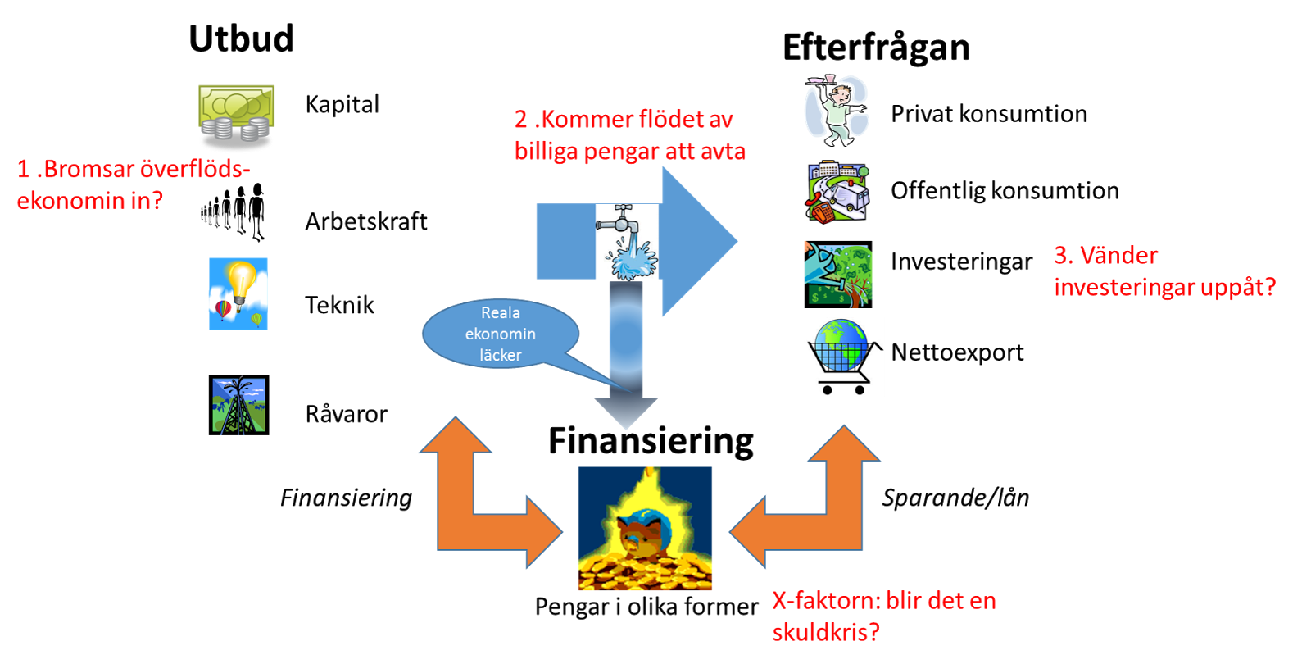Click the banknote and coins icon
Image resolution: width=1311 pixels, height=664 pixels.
pyautogui.click(x=236, y=118)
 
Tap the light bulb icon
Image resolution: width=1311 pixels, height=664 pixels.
pyautogui.click(x=238, y=293)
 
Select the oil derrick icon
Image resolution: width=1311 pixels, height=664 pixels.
pyautogui.click(x=238, y=405)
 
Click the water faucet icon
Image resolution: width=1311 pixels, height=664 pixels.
pyautogui.click(x=627, y=243)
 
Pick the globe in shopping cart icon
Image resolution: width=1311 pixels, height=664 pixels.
pyautogui.click(x=844, y=357)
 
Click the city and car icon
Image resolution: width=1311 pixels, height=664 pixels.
pyautogui.click(x=837, y=192)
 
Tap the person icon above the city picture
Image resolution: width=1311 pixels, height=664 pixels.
pyautogui.click(x=836, y=107)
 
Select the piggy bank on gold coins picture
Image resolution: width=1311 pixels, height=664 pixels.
pyautogui.click(x=645, y=529)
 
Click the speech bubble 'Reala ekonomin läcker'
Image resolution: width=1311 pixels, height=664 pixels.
pyautogui.click(x=501, y=334)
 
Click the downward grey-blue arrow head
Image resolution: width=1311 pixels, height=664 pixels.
pyautogui.click(x=626, y=412)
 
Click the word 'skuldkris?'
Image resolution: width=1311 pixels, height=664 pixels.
pyautogui.click(x=826, y=632)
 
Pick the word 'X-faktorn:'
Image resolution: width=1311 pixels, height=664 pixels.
pyautogui.click(x=826, y=601)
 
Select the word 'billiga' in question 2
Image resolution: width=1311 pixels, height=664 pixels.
pyautogui.click(x=546, y=152)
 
